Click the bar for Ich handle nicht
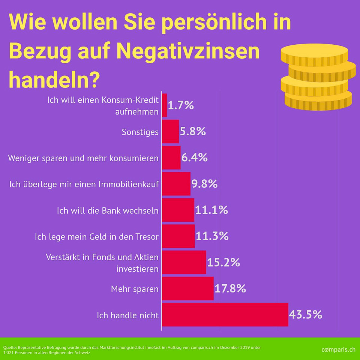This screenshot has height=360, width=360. point(225,315)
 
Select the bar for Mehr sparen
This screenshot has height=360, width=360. point(188,288)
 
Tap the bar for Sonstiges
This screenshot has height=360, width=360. point(171,132)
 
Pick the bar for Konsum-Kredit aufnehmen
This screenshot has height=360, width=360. point(165,105)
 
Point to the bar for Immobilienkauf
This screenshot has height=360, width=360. point(176,184)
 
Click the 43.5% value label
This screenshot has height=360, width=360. point(306,315)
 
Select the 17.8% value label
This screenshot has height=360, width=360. point(230,288)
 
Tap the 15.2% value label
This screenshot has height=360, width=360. point(223,262)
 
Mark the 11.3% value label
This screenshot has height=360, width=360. point(212,236)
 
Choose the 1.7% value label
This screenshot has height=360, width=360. point(181,105)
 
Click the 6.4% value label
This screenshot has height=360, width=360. point(195,158)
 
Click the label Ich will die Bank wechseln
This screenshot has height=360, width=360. point(108,210)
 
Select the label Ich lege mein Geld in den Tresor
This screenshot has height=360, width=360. point(97,237)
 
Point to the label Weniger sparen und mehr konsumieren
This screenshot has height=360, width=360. point(83,158)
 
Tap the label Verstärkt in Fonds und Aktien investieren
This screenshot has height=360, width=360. point(102,263)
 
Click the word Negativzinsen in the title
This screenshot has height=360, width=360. point(189,51)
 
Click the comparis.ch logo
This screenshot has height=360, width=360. point(338,349)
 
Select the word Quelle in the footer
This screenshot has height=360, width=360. point(9,348)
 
